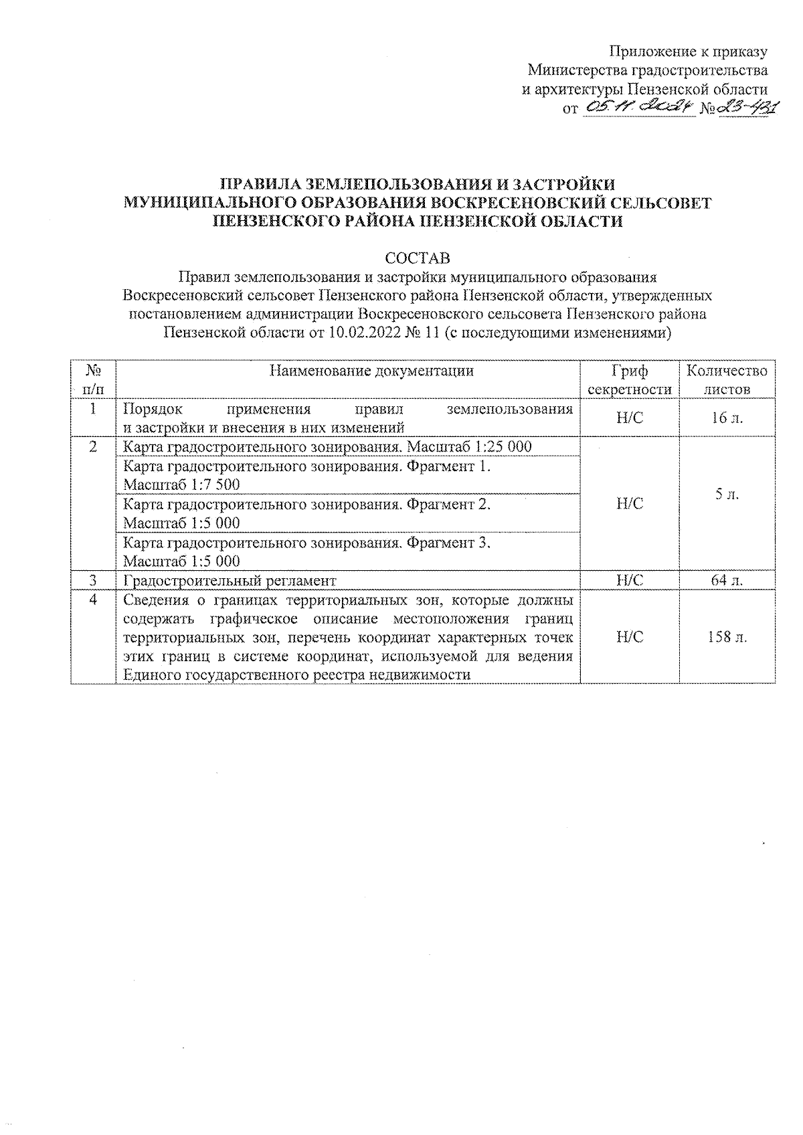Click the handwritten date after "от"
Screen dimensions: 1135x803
[640, 107]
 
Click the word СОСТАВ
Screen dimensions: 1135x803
[417, 258]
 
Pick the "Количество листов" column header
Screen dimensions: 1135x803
[727, 380]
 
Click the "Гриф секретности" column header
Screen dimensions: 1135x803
[629, 380]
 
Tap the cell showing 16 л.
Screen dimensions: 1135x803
[727, 418]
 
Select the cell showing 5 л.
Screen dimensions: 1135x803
[727, 495]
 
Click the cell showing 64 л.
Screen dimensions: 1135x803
[727, 580]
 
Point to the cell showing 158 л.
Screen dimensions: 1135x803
[727, 637]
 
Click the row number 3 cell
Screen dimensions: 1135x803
[94, 580]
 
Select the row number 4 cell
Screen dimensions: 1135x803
[94, 600]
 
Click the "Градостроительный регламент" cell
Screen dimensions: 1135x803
[230, 580]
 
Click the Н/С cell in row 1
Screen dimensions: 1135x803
[629, 418]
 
